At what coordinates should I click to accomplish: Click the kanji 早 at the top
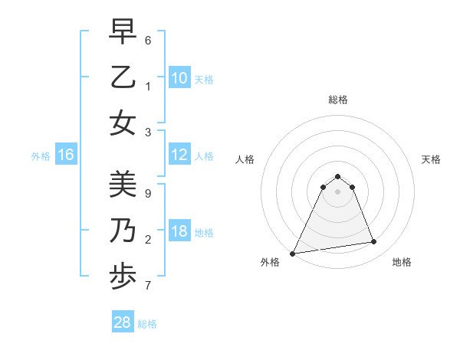(x=123, y=32)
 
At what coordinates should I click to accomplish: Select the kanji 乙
(x=123, y=77)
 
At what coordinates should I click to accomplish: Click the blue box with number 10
(x=179, y=77)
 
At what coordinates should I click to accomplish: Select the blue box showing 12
(x=179, y=155)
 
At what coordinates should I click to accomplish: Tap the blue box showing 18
(x=179, y=232)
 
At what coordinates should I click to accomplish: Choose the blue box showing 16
(x=65, y=155)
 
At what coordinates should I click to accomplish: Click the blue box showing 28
(x=122, y=322)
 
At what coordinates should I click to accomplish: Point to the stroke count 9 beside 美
(x=147, y=194)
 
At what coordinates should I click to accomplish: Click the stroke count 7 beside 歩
(x=147, y=286)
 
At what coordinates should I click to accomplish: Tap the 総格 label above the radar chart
(x=337, y=100)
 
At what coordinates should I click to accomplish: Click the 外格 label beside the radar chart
(x=270, y=262)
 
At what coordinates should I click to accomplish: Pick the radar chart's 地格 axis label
(x=402, y=262)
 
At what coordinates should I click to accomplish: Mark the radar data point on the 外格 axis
(x=293, y=253)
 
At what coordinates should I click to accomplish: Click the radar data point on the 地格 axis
(x=374, y=242)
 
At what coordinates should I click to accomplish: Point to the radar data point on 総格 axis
(x=337, y=176)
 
